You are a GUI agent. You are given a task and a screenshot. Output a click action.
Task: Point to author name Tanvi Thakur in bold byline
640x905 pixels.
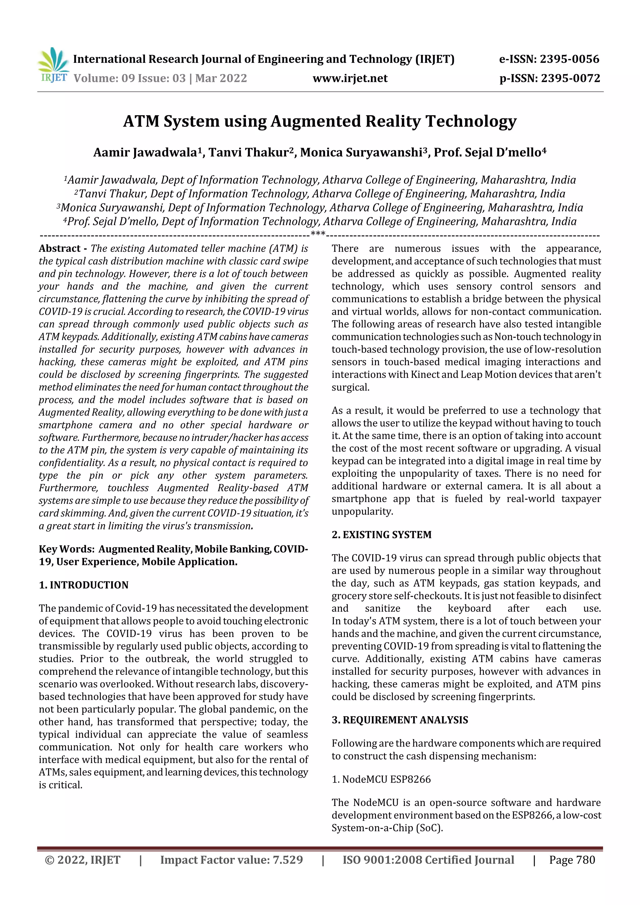click(249, 152)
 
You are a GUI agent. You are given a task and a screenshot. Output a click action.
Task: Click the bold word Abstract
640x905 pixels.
click(60, 248)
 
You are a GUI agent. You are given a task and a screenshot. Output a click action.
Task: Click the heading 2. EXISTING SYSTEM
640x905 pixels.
click(381, 535)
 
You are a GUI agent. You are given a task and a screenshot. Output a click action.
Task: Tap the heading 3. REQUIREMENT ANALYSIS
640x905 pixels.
click(399, 720)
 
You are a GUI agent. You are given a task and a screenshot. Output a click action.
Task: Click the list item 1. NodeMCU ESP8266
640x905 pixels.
click(381, 779)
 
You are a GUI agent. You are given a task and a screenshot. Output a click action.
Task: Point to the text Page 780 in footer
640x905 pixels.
click(572, 860)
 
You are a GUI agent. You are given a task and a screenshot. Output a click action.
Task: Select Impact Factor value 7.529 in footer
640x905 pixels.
click(232, 860)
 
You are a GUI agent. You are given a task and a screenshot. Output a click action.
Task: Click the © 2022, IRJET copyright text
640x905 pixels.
click(83, 860)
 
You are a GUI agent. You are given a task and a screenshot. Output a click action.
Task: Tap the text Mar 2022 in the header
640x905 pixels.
click(221, 78)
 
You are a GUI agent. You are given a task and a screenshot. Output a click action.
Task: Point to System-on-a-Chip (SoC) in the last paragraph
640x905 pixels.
click(387, 828)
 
